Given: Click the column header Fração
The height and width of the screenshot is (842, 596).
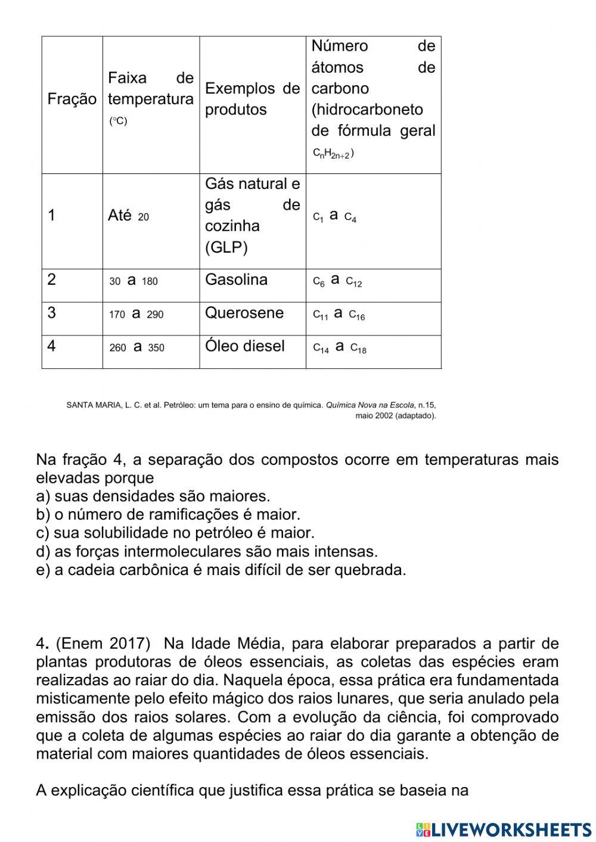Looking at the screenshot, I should pyautogui.click(x=72, y=99).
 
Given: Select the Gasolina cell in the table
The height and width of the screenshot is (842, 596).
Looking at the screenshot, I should pyautogui.click(x=236, y=280).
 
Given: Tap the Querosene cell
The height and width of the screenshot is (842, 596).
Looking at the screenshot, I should pyautogui.click(x=244, y=313).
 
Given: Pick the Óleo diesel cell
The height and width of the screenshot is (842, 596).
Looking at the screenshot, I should pyautogui.click(x=245, y=346).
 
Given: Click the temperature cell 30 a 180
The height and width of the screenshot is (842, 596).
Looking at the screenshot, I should pyautogui.click(x=134, y=281).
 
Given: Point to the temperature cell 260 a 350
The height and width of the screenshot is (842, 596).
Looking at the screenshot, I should pyautogui.click(x=136, y=347).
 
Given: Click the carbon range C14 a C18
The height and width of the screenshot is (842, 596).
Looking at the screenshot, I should pyautogui.click(x=340, y=347).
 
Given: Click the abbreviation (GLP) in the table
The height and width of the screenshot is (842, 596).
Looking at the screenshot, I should pyautogui.click(x=226, y=248).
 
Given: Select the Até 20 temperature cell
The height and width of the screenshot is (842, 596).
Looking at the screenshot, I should pyautogui.click(x=128, y=216).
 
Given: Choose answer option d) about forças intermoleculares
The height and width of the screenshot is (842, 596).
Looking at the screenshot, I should pyautogui.click(x=207, y=552).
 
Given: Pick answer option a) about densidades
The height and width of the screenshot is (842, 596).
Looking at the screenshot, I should pyautogui.click(x=153, y=496).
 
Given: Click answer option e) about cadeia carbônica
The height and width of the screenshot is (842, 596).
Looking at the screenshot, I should pyautogui.click(x=221, y=570).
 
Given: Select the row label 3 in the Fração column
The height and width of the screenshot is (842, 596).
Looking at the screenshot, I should pyautogui.click(x=52, y=313).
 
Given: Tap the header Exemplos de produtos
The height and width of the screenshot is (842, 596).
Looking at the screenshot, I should pyautogui.click(x=252, y=99).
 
